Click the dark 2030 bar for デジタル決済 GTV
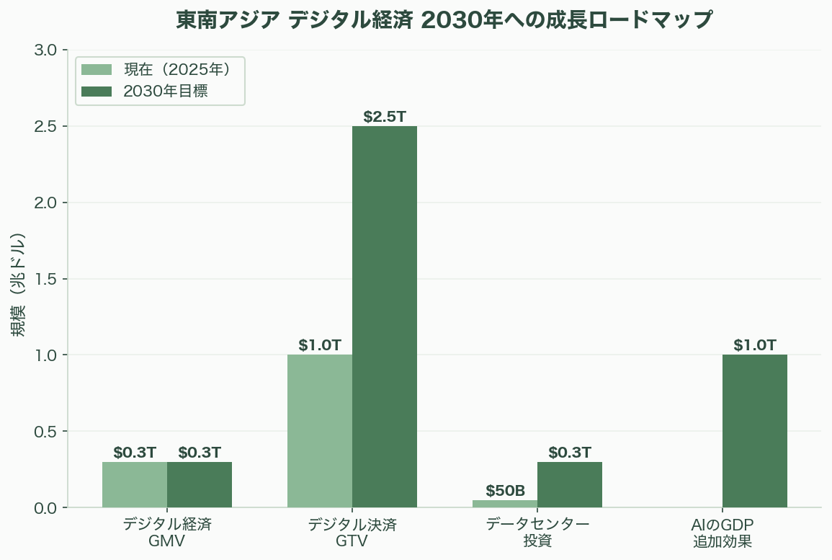(385, 317)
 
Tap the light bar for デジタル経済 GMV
(135, 484)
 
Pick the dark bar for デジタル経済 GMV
(200, 484)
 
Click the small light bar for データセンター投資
(505, 504)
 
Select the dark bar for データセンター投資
(570, 484)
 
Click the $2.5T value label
(385, 117)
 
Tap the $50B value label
(505, 491)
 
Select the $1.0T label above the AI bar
(755, 345)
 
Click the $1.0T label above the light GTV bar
(320, 345)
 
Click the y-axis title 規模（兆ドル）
(19, 285)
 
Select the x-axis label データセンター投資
(537, 532)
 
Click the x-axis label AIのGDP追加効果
(723, 532)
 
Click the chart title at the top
(444, 20)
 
